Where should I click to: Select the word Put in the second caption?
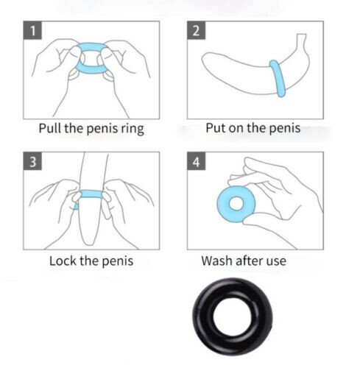[x=216, y=128]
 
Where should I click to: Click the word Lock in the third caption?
[x=64, y=261]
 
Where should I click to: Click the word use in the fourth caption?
[x=276, y=261]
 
